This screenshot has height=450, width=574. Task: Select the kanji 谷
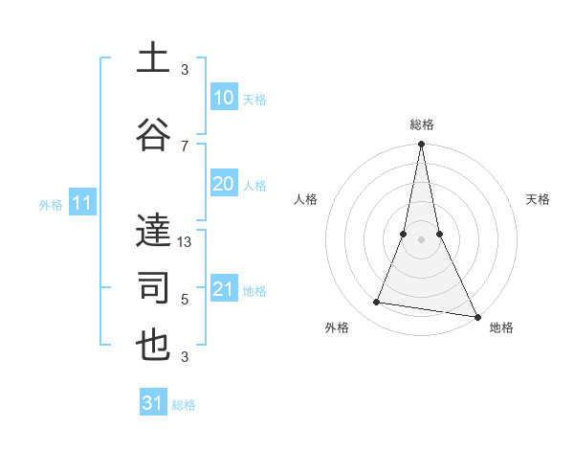click(154, 135)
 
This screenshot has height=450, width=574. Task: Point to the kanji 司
click(154, 288)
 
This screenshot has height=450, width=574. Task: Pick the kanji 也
click(154, 347)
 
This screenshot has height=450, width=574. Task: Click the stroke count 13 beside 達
click(185, 242)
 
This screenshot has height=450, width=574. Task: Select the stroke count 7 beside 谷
click(185, 146)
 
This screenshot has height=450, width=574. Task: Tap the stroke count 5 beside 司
click(185, 300)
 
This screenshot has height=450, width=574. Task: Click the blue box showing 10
click(223, 98)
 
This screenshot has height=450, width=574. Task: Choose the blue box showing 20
click(223, 185)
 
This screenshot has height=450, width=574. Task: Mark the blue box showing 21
click(223, 289)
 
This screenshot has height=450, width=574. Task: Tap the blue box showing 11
click(81, 203)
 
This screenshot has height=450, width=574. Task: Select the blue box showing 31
click(153, 403)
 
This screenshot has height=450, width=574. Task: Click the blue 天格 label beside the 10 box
click(254, 100)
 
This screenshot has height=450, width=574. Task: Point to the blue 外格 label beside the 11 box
click(51, 204)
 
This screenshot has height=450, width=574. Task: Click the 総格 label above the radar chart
click(422, 124)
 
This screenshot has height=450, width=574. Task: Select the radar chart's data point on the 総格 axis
click(422, 145)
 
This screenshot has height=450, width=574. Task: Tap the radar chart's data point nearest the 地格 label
click(476, 316)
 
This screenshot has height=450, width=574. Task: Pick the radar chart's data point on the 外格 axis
click(377, 303)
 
